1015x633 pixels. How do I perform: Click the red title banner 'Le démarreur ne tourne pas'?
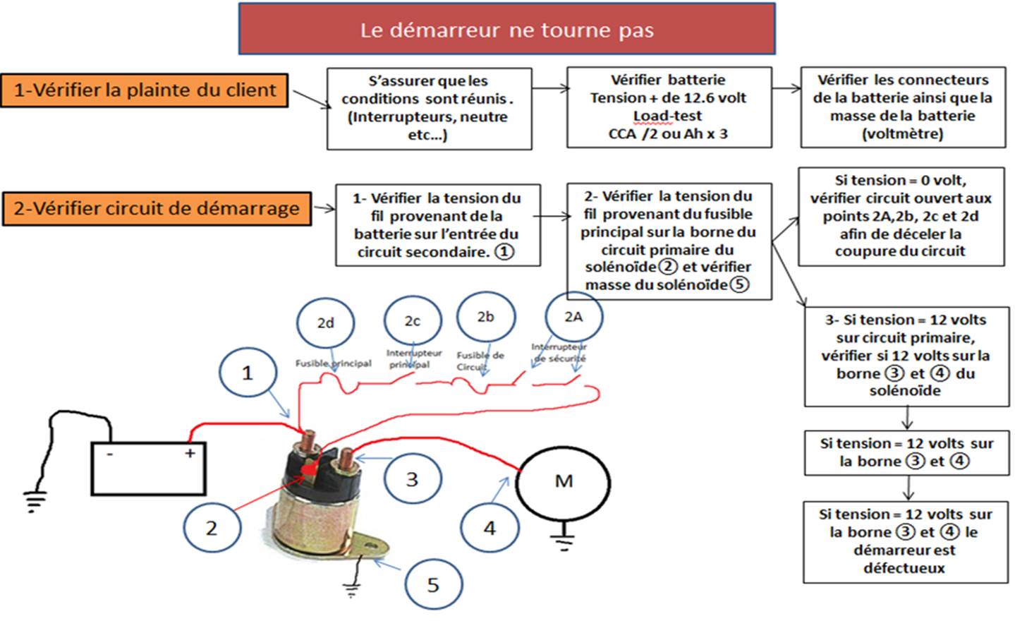(506, 30)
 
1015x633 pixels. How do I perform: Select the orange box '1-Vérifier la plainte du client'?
(145, 90)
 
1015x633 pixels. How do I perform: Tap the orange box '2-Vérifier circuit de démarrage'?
(157, 209)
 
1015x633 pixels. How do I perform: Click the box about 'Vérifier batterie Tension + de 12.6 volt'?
(669, 107)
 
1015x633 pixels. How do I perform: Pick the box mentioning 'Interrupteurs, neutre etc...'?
(429, 108)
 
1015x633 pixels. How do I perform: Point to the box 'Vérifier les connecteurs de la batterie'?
(903, 107)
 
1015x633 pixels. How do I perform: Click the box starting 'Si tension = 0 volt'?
(901, 216)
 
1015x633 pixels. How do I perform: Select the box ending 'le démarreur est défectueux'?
(906, 541)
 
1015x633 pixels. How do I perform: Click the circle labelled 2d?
(325, 323)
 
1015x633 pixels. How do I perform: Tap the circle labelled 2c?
(413, 321)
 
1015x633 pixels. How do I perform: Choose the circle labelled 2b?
(486, 317)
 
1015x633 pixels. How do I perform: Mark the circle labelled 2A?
(573, 317)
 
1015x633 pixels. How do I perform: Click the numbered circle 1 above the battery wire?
(247, 373)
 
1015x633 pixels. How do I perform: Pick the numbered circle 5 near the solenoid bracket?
(433, 584)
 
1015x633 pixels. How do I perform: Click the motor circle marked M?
(564, 482)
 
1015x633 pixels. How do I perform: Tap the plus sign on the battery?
(190, 453)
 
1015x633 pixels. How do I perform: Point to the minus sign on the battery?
(109, 454)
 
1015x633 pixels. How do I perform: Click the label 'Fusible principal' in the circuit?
(333, 363)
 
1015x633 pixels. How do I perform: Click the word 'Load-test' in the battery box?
(667, 116)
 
